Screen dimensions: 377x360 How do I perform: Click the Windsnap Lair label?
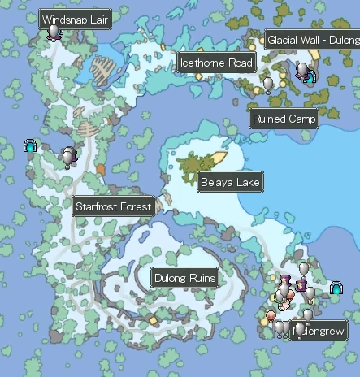coord(76,19)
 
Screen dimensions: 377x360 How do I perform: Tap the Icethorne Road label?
coord(216,63)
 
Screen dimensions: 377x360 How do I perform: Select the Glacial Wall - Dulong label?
coord(312,41)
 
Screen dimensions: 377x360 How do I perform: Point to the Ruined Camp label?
coord(284,119)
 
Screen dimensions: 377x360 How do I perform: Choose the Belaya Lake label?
coord(230,182)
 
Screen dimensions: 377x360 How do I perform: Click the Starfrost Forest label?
coord(113,206)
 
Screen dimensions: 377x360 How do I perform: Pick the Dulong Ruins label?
coord(185,279)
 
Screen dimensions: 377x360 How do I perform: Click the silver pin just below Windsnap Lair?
coord(54,32)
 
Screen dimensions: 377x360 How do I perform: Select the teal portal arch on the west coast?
coord(31,147)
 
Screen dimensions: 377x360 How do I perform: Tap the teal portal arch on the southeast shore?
coord(336,288)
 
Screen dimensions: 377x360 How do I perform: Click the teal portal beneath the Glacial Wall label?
coord(310,77)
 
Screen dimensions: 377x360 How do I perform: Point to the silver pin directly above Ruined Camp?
coord(268,84)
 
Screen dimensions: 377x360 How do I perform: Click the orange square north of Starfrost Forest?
coord(101,169)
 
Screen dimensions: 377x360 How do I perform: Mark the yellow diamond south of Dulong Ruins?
coord(153,320)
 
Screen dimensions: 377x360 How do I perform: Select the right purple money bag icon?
coord(301,286)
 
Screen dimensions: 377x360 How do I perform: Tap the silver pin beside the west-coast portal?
coord(68,157)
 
